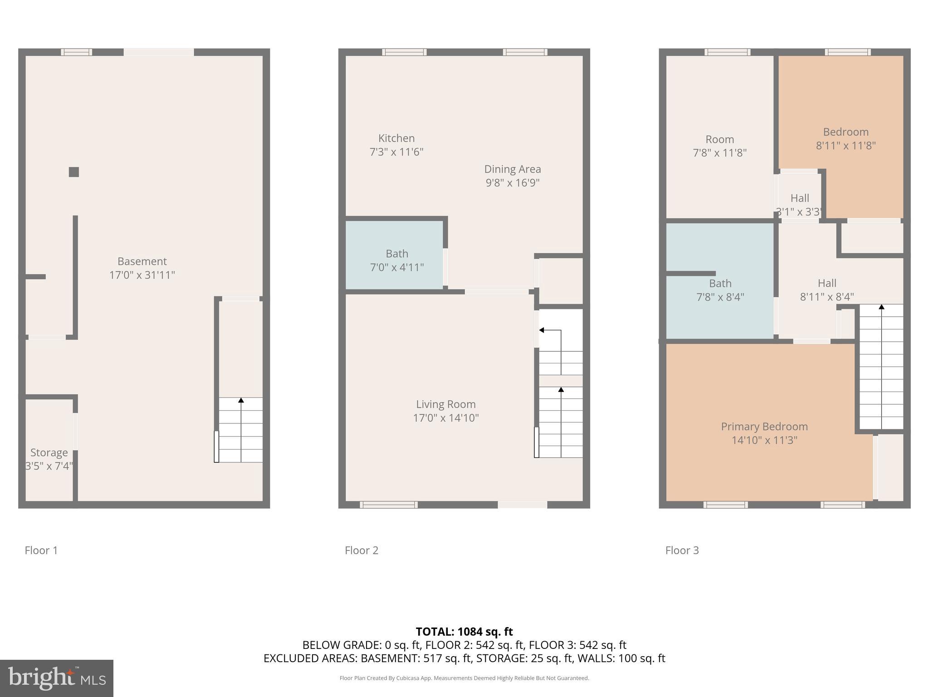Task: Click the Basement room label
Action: pos(142,261)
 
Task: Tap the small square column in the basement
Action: pos(74,172)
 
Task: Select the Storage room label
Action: pos(49,452)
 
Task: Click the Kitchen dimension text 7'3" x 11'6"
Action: pos(396,152)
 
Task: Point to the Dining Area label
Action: pos(513,169)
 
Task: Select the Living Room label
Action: pos(446,404)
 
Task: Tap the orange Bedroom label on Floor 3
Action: pos(846,132)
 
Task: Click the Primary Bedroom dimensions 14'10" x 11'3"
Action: pos(764,440)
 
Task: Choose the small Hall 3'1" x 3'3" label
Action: pos(799,198)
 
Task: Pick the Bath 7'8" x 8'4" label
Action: pos(720,284)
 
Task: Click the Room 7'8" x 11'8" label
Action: pos(719,140)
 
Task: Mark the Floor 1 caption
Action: pos(41,550)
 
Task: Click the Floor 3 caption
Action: pos(682,550)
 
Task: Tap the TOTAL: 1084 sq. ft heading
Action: pos(464,632)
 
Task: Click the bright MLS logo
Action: pos(57,678)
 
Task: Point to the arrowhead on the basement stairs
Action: pos(241,400)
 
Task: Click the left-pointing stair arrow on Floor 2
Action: pos(542,330)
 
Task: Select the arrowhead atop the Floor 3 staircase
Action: pos(881,307)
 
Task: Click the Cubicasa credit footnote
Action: pos(464,678)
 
